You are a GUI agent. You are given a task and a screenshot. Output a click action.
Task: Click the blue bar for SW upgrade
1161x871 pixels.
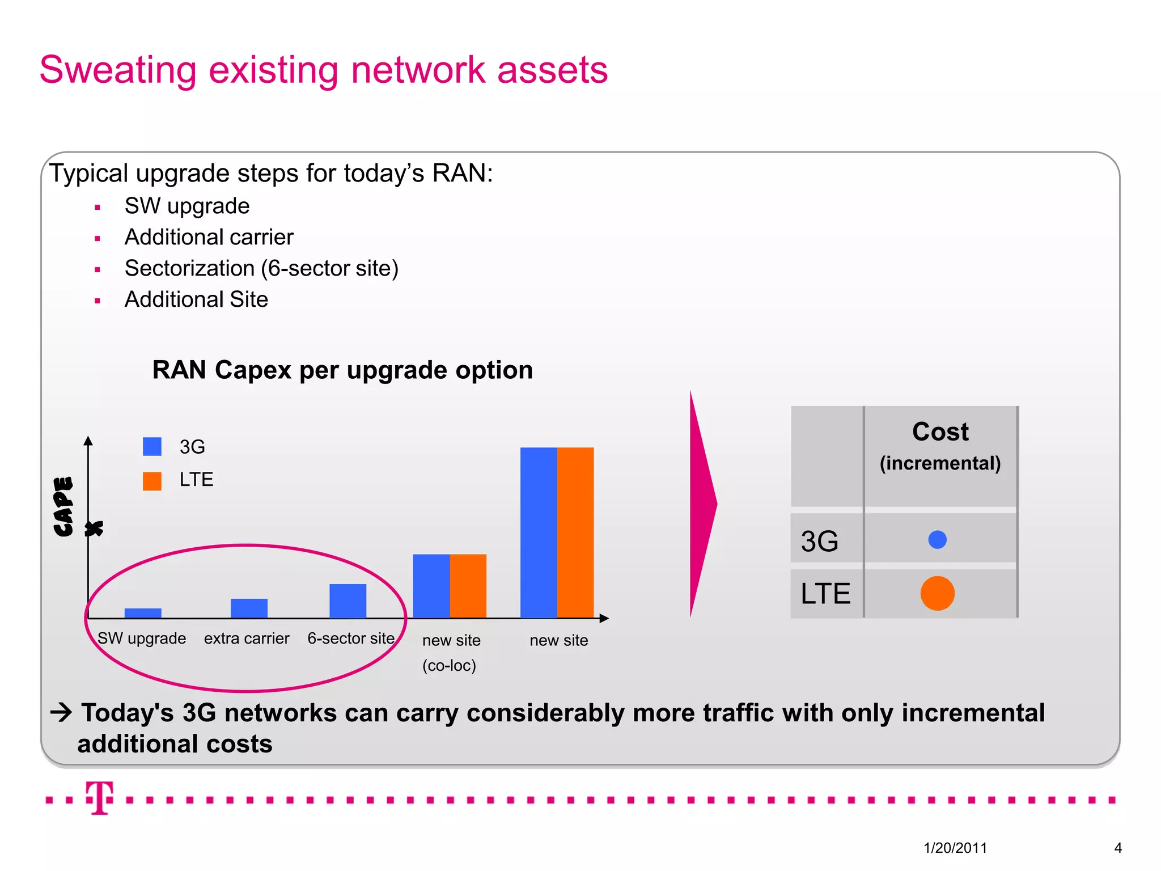[143, 613]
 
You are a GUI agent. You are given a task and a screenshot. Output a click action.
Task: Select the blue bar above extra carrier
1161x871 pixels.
[249, 608]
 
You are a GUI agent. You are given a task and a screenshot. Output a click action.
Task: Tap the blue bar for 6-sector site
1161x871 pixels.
[348, 601]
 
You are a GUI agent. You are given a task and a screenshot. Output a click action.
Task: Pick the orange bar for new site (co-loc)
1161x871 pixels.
[468, 586]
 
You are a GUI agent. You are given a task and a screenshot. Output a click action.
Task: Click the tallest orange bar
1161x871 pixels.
[575, 532]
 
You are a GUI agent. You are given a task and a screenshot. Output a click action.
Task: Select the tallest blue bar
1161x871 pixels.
[539, 532]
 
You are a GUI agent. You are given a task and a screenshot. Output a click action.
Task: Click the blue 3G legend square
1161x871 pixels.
[152, 446]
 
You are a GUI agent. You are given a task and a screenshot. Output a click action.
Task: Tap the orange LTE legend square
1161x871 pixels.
[152, 481]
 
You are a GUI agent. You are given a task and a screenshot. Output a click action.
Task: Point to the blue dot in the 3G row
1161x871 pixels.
[937, 539]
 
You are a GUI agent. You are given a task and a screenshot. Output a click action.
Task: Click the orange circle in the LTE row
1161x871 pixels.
[937, 593]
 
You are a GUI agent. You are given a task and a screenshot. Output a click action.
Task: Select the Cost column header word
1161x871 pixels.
[940, 432]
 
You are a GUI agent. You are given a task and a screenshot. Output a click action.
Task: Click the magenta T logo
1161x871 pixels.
[100, 797]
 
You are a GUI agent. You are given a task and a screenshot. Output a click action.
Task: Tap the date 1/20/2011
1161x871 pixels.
[955, 848]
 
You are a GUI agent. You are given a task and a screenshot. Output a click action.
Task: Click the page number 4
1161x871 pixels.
[1117, 848]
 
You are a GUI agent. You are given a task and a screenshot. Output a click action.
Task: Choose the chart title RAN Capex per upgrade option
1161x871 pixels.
[342, 370]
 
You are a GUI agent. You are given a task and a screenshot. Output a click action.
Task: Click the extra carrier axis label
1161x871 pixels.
[247, 639]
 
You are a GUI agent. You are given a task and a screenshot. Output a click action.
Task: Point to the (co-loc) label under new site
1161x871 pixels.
[449, 666]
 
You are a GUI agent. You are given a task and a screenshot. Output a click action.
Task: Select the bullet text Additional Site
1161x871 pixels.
[196, 299]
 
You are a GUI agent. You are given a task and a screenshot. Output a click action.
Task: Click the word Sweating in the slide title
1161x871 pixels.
[118, 70]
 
